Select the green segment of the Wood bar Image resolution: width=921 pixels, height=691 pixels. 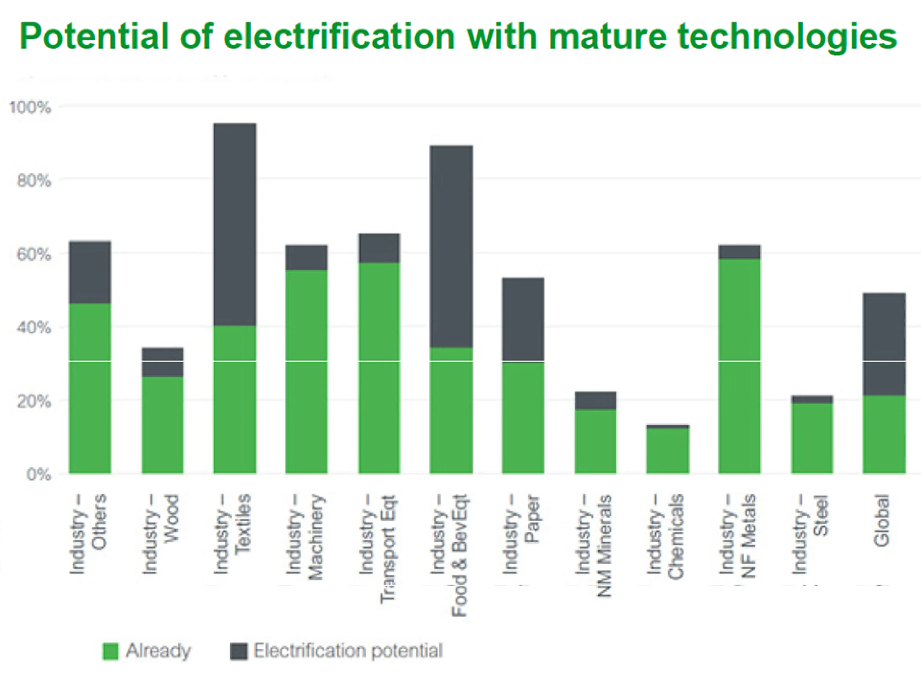[162, 425]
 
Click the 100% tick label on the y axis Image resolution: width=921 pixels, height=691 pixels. [30, 107]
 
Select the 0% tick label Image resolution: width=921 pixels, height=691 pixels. [38, 474]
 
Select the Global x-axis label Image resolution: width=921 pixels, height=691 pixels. [882, 521]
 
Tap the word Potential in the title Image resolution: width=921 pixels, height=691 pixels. [95, 37]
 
